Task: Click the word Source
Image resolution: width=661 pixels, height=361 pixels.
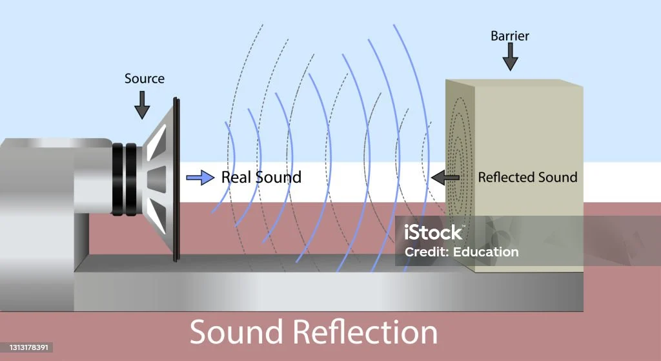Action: coord(144,79)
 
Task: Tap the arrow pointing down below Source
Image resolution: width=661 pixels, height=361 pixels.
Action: coord(142,103)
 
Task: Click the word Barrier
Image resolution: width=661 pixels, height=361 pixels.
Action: coord(510,36)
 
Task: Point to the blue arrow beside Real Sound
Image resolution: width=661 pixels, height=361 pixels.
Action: coord(200,177)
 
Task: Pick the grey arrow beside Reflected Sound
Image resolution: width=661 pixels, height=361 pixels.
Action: coord(445,176)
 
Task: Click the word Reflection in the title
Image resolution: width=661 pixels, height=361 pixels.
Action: coord(366,333)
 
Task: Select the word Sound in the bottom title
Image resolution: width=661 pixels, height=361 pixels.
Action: coord(237,333)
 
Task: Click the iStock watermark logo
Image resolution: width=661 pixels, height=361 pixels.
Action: coord(434,232)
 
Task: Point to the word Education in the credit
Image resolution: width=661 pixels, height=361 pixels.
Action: coord(487,252)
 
